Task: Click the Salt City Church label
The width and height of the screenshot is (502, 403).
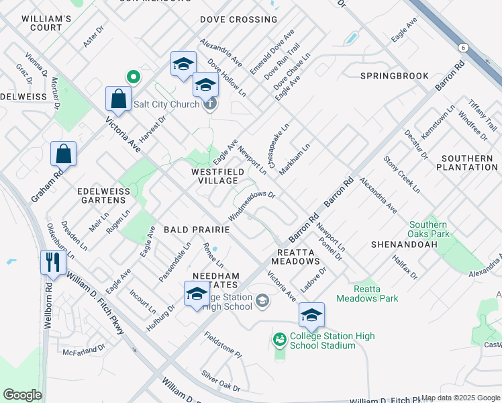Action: [166, 104]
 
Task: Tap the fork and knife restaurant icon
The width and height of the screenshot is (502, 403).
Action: [54, 261]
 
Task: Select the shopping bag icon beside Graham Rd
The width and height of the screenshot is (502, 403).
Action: [63, 154]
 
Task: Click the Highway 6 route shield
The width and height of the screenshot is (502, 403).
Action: [463, 47]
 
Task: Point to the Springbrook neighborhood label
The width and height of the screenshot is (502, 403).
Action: [394, 76]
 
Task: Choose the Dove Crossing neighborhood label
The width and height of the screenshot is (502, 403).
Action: [238, 19]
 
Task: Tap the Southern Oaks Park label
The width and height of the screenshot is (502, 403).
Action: [428, 230]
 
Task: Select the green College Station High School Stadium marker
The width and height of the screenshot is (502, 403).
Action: [280, 341]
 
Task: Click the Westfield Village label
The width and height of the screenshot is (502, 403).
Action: [215, 177]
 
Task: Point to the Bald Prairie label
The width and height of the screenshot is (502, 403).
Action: [197, 230]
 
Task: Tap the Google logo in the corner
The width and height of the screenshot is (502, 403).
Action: [22, 395]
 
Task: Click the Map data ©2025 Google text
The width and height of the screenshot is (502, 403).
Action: [460, 398]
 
